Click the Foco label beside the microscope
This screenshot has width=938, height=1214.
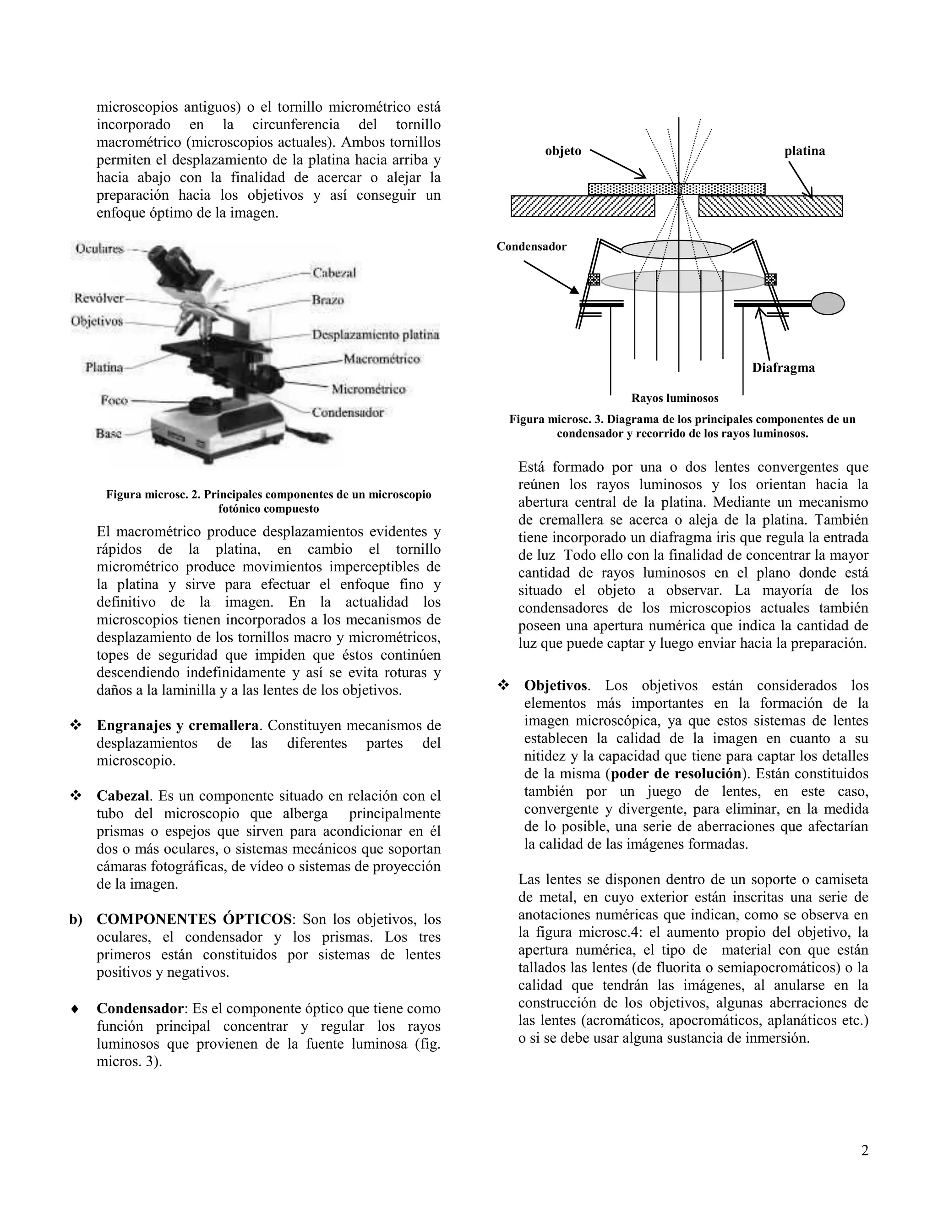(x=114, y=400)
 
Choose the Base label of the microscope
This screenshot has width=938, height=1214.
(x=109, y=433)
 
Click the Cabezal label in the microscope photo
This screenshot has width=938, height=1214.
(x=333, y=273)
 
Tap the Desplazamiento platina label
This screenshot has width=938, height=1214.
(x=375, y=334)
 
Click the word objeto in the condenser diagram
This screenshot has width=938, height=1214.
(x=563, y=151)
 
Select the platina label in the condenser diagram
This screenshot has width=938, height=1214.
(x=805, y=151)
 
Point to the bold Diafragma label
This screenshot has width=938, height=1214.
(x=783, y=367)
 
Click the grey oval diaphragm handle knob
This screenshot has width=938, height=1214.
(x=828, y=303)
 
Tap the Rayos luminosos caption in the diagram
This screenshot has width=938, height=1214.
(x=675, y=398)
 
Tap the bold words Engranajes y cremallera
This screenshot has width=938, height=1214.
(x=177, y=725)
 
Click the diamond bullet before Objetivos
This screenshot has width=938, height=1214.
(x=503, y=686)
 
